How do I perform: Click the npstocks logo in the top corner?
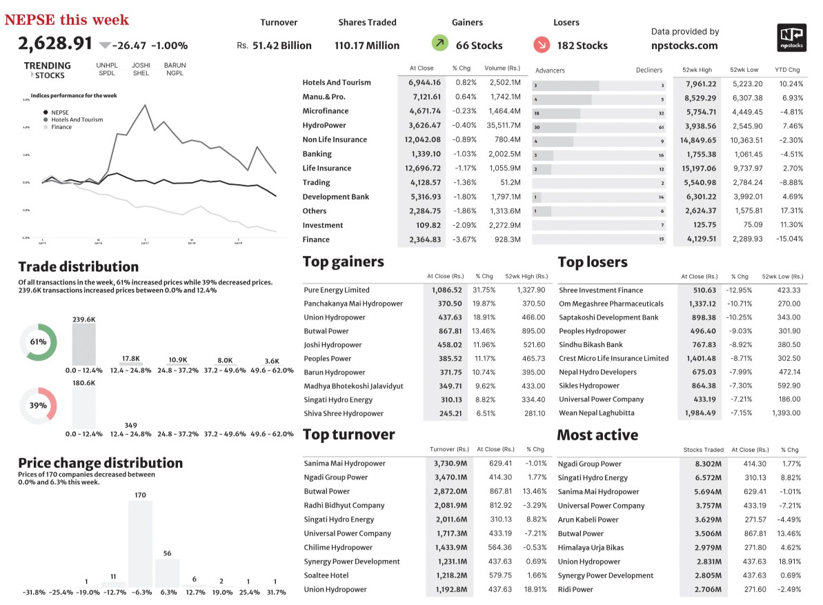click(791, 38)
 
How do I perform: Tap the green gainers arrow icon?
click(439, 44)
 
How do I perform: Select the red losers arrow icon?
click(542, 44)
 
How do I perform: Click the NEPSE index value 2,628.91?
click(55, 43)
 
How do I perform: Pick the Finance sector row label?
click(316, 239)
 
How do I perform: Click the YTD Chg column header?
click(787, 70)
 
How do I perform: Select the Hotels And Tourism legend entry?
click(77, 119)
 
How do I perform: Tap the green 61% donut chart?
click(38, 341)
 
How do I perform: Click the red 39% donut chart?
click(38, 405)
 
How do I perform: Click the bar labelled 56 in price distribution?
click(167, 572)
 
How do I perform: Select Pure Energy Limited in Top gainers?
click(337, 290)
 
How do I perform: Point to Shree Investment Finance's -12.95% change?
click(739, 290)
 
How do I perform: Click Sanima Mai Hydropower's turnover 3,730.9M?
click(449, 463)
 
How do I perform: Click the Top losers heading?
click(593, 262)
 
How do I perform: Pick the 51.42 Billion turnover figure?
click(281, 46)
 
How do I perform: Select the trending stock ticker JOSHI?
click(141, 66)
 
